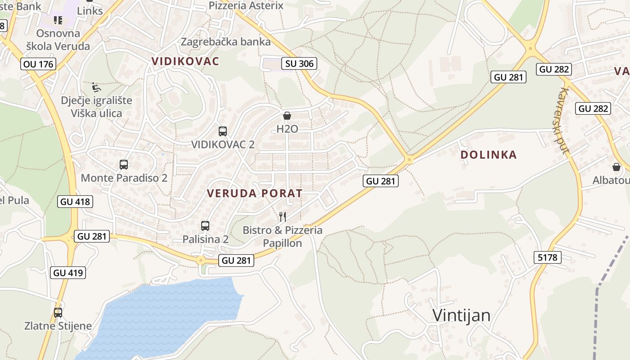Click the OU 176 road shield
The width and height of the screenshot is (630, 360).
click(39, 64)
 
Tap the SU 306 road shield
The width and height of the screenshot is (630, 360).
click(299, 63)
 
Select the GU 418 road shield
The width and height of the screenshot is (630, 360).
click(75, 202)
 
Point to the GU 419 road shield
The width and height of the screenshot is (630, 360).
click(68, 272)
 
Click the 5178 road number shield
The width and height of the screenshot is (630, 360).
click(548, 257)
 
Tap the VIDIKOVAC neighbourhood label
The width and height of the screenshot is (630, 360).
click(185, 61)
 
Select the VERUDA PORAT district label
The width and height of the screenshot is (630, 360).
click(255, 193)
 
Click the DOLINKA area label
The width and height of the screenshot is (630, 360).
click(489, 155)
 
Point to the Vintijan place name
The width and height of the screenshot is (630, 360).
click(461, 315)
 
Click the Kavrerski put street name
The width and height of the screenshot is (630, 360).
click(562, 121)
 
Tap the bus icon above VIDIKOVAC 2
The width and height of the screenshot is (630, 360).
click(223, 131)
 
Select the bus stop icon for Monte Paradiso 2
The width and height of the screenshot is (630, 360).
click(124, 165)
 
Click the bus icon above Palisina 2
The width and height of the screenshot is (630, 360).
click(205, 226)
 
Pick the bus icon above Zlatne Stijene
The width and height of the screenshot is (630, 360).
click(58, 313)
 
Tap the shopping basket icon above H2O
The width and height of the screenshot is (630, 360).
click(287, 116)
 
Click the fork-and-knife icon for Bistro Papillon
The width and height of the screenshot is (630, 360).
click(283, 217)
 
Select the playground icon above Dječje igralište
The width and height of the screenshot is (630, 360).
click(96, 87)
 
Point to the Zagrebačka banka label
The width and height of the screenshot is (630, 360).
click(226, 42)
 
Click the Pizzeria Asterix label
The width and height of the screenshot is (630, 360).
click(246, 5)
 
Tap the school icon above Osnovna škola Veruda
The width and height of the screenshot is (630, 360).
click(58, 20)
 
